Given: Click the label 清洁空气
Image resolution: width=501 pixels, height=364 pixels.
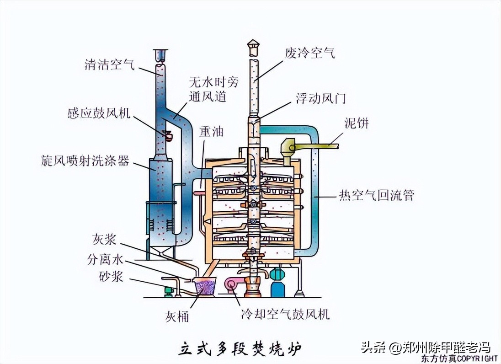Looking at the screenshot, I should pos(109,64).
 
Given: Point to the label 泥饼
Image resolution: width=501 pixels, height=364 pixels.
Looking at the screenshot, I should pos(356,123).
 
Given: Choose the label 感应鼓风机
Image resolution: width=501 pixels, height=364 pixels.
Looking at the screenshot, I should pos(99,114).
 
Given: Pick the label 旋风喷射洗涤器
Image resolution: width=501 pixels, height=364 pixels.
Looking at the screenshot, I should pos(85,161).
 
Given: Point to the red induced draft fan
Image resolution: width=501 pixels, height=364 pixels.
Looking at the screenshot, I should pos(167,135).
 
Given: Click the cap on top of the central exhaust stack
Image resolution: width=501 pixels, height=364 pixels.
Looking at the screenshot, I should pos(253,45).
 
